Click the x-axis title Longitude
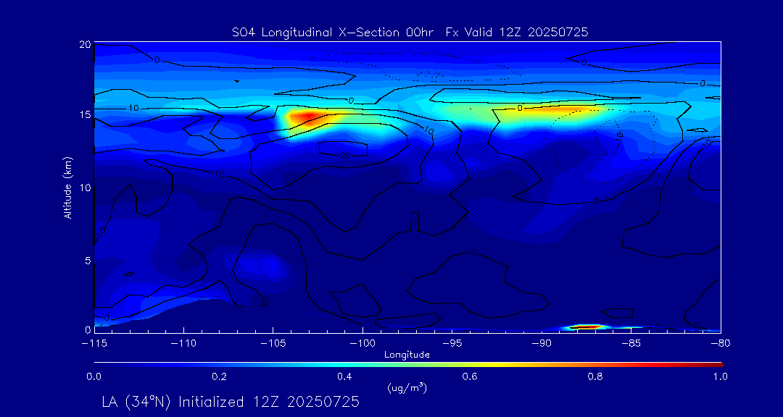pyautogui.click(x=407, y=354)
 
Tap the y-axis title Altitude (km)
pyautogui.click(x=67, y=187)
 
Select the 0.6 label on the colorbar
pyautogui.click(x=470, y=376)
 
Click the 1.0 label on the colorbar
pyautogui.click(x=720, y=376)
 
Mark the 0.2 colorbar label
pyautogui.click(x=219, y=376)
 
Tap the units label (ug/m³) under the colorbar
pyautogui.click(x=407, y=388)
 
